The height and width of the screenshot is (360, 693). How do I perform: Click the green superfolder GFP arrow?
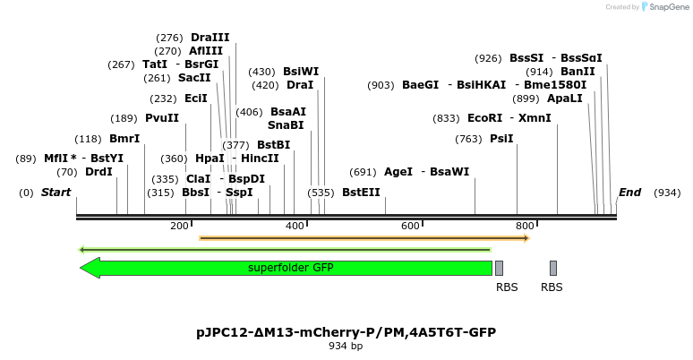coord(287,268)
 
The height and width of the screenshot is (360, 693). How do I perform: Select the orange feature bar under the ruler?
coord(364,238)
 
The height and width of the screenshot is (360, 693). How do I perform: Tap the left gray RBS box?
coord(499,268)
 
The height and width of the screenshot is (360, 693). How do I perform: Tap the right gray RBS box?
coord(553,268)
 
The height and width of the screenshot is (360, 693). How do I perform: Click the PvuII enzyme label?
coord(162,118)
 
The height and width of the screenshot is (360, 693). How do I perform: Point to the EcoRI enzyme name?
coord(484,118)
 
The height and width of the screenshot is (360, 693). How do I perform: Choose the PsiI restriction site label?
coord(501,139)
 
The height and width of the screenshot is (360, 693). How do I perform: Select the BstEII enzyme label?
coord(361,192)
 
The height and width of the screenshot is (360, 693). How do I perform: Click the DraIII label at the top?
coord(210,38)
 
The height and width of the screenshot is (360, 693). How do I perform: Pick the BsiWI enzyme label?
coord(301,72)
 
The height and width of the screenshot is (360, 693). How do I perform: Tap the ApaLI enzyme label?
coord(565,99)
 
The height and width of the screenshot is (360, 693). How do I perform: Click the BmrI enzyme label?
coord(124,139)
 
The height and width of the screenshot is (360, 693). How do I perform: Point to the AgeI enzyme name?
coord(398,172)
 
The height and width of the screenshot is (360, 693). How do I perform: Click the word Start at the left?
coord(56,193)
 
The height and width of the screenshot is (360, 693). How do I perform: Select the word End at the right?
coord(629,193)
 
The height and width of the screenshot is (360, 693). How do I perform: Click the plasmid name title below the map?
coord(346,332)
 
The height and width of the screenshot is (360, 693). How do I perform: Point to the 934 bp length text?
coord(346,346)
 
